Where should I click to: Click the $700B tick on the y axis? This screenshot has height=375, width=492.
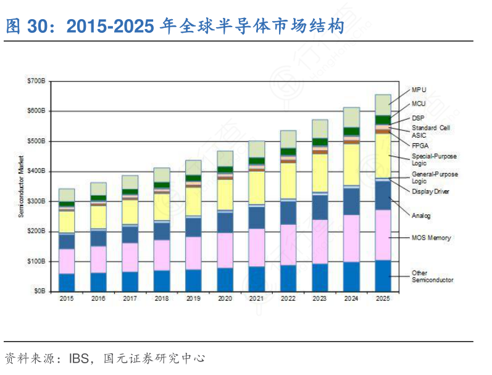click(36, 81)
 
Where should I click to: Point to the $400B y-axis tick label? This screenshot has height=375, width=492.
click(36, 171)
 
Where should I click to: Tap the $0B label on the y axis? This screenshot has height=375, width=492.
click(39, 290)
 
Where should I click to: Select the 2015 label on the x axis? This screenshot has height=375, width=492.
click(66, 298)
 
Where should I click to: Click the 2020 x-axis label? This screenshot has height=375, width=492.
click(225, 298)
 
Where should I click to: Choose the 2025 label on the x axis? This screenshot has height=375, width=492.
click(383, 298)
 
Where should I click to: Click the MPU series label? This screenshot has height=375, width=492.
click(419, 90)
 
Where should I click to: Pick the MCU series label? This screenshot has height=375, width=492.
click(419, 104)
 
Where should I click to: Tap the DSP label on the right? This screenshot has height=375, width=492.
click(418, 118)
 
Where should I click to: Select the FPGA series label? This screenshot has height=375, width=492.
click(420, 145)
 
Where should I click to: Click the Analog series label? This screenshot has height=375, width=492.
click(421, 216)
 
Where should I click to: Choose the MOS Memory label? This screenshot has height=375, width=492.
click(431, 238)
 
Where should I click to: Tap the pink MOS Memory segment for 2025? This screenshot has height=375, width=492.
click(383, 235)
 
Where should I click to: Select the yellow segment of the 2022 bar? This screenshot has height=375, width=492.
click(288, 180)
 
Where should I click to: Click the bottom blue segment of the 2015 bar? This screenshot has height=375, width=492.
click(66, 282)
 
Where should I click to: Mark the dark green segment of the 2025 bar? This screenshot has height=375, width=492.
click(383, 120)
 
